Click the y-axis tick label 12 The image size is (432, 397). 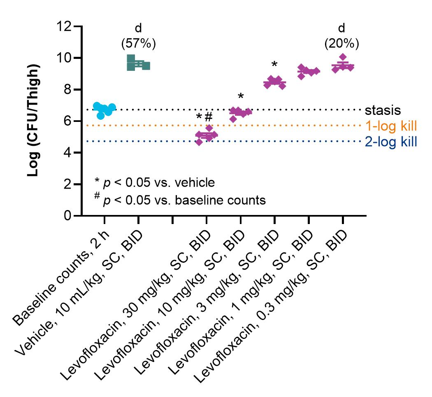[x=64, y=26]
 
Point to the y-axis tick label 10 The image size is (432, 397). [x=64, y=58]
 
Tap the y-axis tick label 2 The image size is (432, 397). [x=68, y=184]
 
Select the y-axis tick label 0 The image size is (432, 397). [x=68, y=215]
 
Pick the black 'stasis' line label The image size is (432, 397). [x=383, y=110]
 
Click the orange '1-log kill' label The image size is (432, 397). [x=391, y=126]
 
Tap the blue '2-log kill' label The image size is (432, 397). [x=391, y=142]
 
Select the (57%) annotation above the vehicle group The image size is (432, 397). [x=139, y=44]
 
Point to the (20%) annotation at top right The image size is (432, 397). [x=341, y=44]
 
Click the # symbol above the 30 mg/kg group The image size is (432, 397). [x=209, y=117]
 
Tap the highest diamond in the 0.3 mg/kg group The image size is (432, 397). [x=343, y=57]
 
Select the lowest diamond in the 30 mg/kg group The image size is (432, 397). [x=199, y=142]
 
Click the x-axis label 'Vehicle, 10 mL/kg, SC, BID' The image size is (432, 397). [x=79, y=293]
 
